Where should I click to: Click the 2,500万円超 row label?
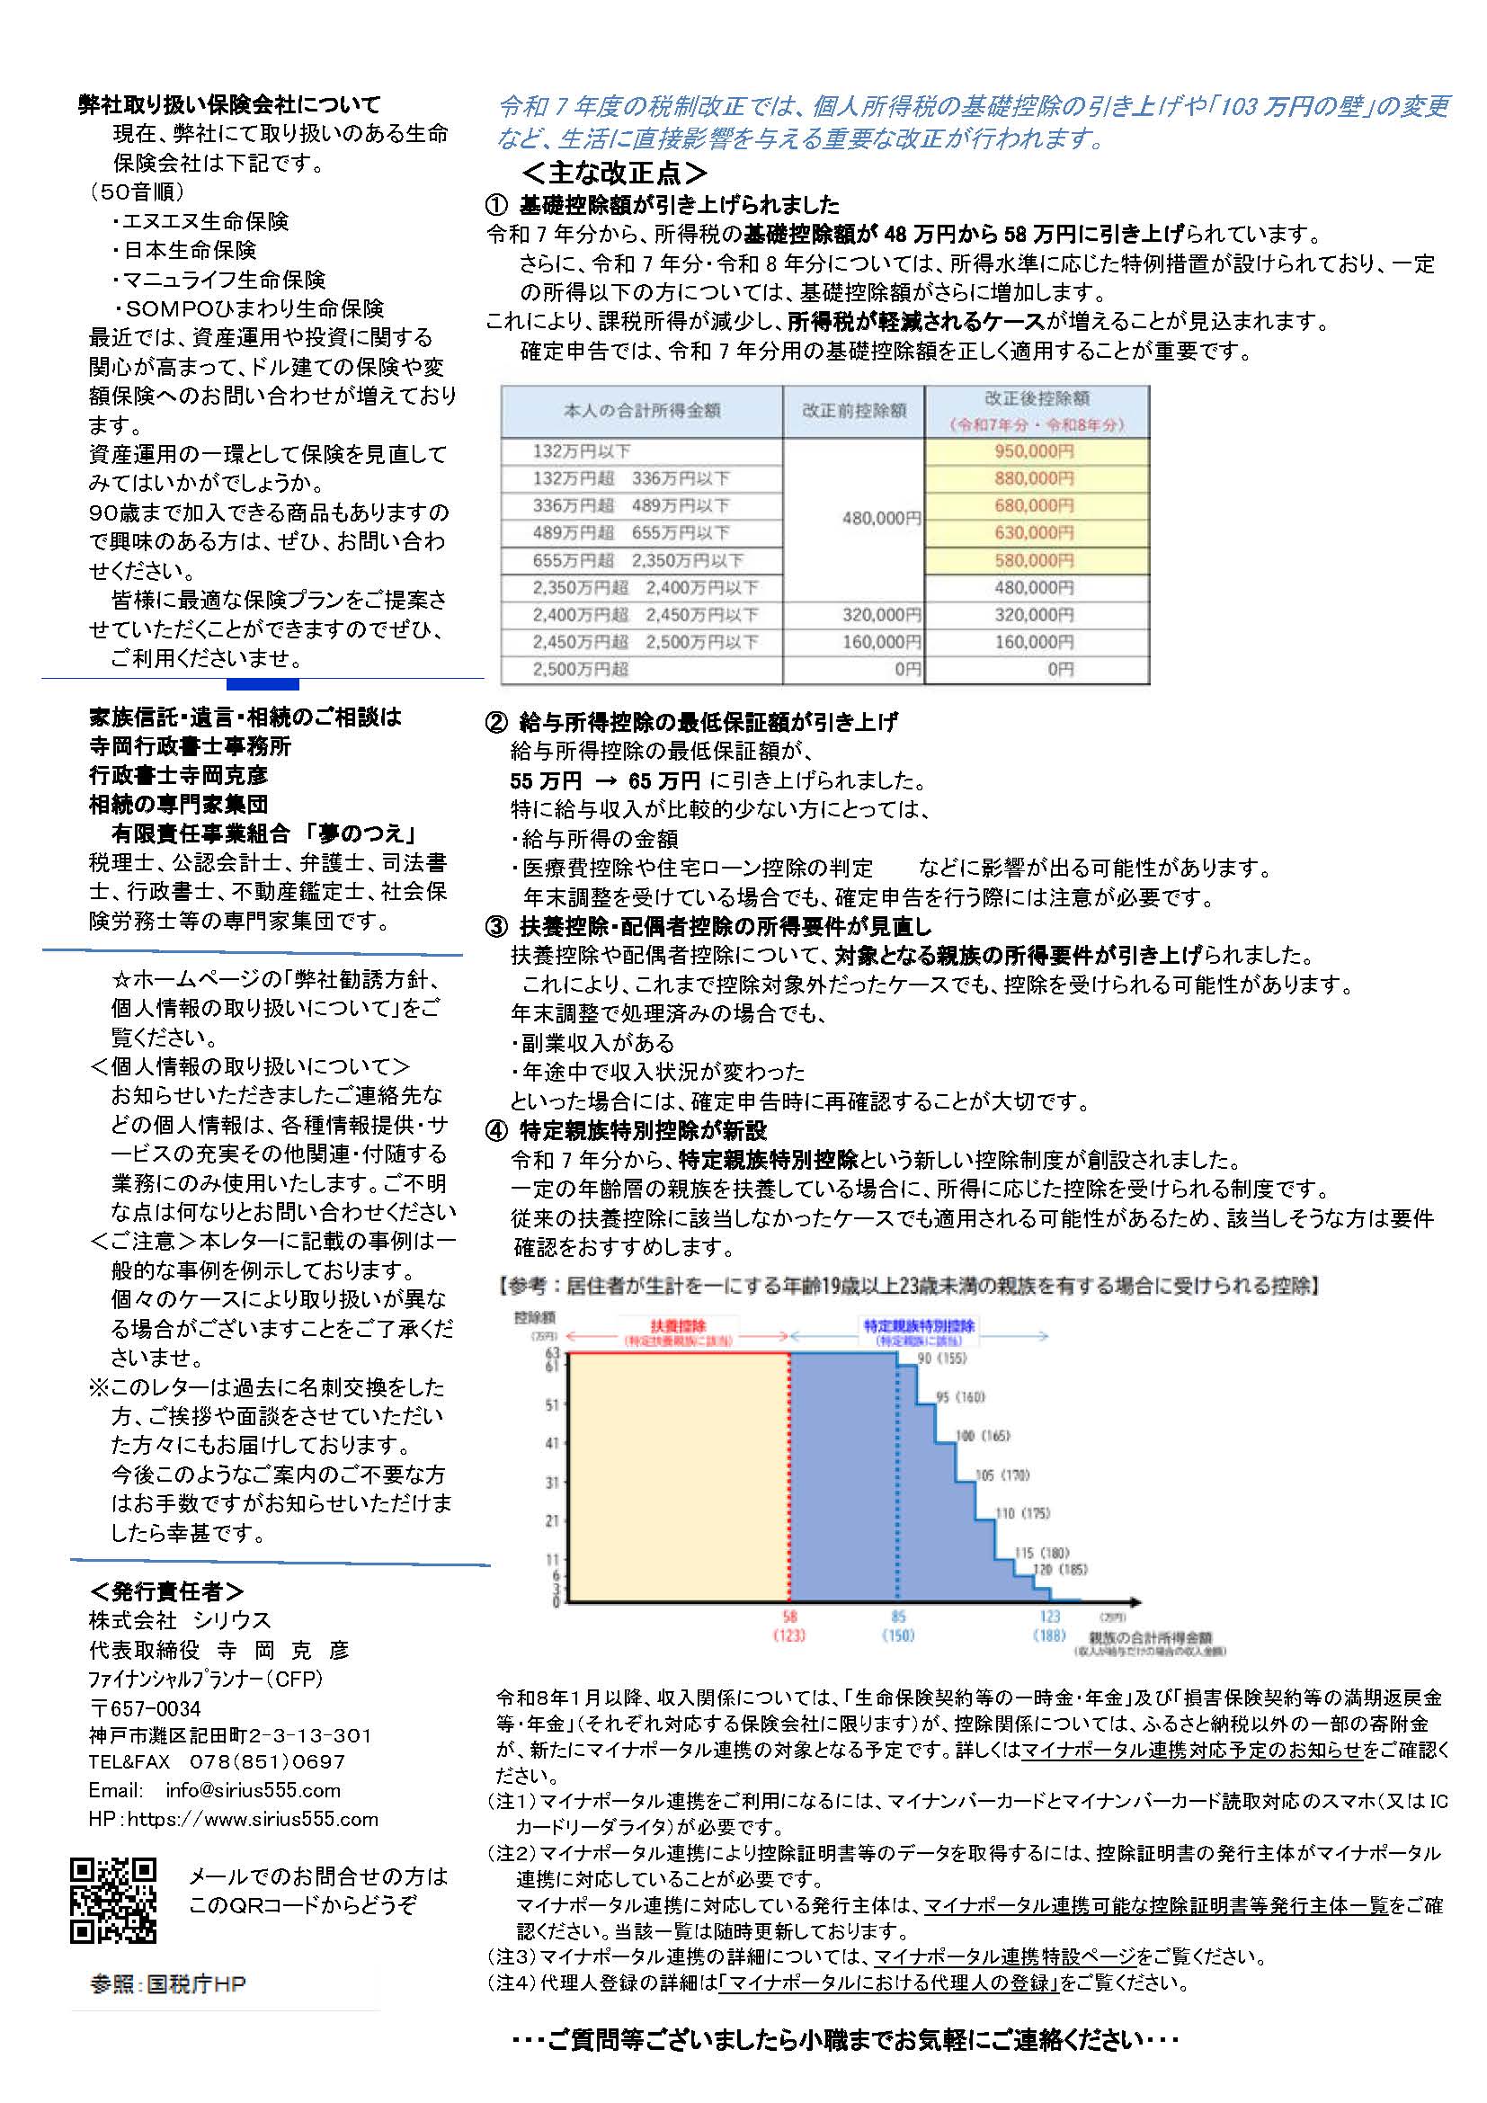(x=581, y=670)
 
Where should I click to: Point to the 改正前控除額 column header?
(x=853, y=410)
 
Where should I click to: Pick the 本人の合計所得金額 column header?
(x=641, y=410)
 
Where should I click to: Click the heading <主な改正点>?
(x=614, y=174)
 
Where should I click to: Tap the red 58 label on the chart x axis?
(x=789, y=1617)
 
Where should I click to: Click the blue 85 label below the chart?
(x=898, y=1617)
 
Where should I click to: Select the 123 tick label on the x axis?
(x=1049, y=1617)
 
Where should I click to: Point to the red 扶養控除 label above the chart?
(x=678, y=1325)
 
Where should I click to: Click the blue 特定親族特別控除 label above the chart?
(x=919, y=1325)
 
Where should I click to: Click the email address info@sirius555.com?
(x=253, y=1791)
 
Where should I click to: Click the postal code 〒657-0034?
(x=145, y=1708)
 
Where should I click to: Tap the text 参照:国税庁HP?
(x=168, y=1984)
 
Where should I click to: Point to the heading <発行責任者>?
(x=166, y=1591)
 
